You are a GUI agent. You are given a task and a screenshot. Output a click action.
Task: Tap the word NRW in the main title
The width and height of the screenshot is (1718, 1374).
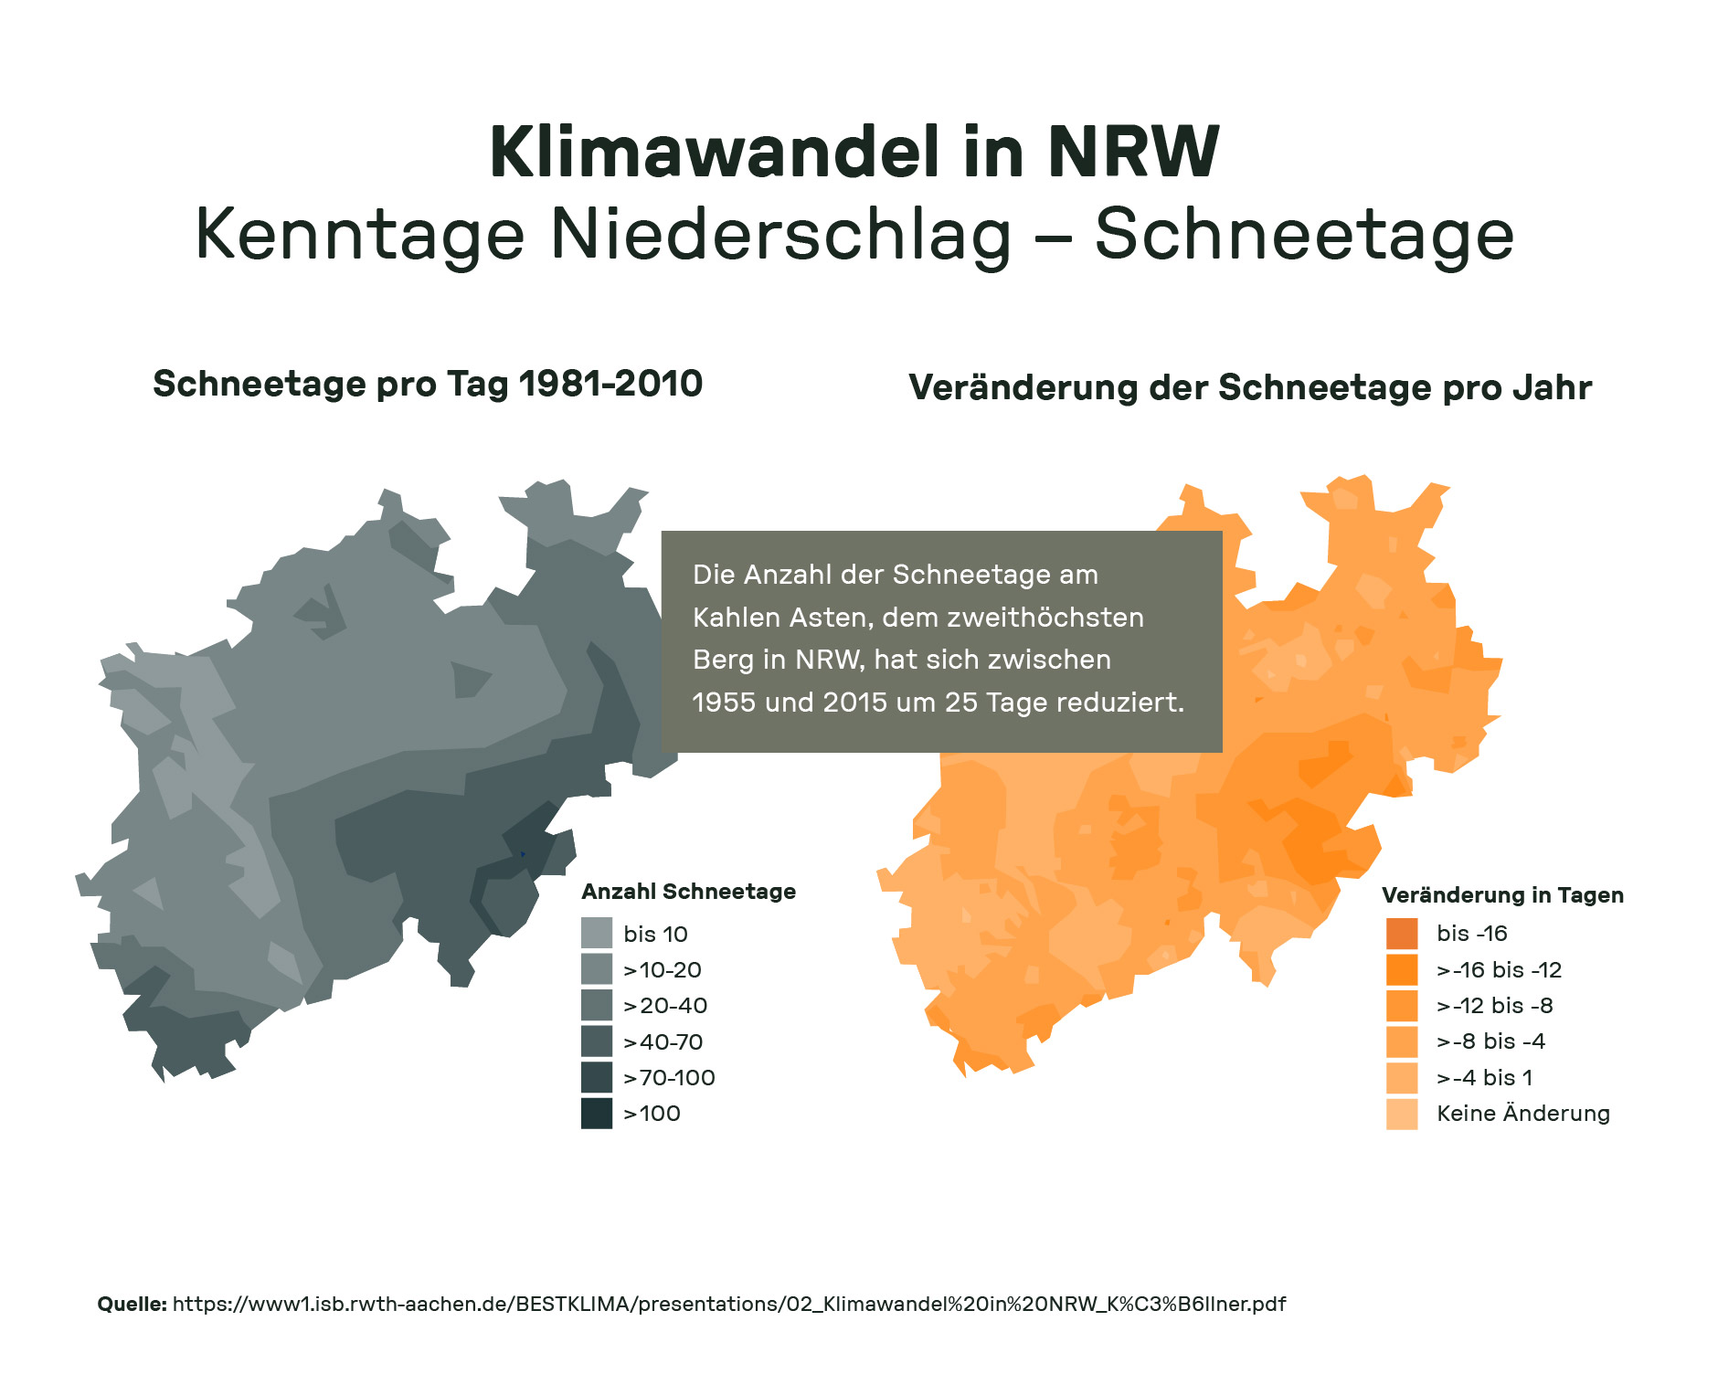pos(1132,152)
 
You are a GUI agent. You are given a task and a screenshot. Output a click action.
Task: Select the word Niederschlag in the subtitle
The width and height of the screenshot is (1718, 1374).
pos(781,236)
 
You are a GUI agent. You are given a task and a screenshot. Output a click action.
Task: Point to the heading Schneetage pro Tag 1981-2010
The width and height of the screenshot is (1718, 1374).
pos(428,384)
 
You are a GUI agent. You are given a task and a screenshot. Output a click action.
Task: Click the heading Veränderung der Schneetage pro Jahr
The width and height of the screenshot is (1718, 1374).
pos(1249,387)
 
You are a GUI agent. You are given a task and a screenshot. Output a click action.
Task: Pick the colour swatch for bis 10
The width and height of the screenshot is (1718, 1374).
pos(597,934)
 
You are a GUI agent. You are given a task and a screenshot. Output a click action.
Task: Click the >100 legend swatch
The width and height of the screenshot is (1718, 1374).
pos(597,1114)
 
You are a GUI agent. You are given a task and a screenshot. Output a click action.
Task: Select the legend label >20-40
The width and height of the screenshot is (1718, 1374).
pos(665,1006)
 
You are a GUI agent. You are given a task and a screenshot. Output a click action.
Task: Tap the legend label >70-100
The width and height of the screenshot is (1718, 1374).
pos(669,1078)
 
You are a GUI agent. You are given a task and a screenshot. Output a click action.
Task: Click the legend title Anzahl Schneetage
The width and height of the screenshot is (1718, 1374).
pos(688,892)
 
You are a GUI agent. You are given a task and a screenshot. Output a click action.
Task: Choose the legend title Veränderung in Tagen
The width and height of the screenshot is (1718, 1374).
pos(1502,895)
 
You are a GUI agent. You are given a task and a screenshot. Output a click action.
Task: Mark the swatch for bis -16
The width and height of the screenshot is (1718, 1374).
pos(1402,934)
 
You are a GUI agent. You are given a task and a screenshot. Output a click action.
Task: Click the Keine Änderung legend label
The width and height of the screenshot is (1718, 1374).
pos(1522,1114)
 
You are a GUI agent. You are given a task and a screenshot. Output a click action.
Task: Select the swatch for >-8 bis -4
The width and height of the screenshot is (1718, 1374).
pos(1402,1041)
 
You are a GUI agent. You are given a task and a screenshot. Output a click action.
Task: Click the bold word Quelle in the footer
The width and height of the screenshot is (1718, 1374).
pos(132,1304)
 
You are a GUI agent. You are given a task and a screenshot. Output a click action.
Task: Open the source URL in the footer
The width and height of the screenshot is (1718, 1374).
pos(728,1304)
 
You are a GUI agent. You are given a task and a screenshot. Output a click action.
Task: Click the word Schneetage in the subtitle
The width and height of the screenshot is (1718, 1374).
pos(1304,236)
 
